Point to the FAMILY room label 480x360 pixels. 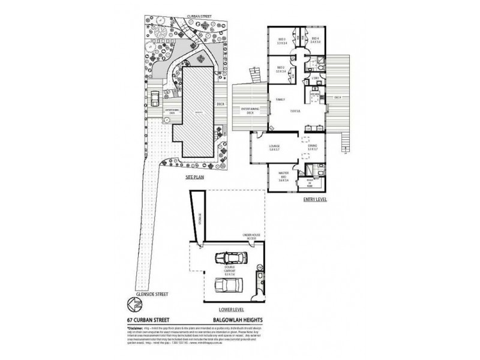pyautogui.click(x=280, y=100)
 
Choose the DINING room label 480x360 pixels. pyautogui.click(x=313, y=147)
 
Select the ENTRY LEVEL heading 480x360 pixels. pyautogui.click(x=314, y=200)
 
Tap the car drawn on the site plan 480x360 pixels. pyautogui.click(x=155, y=97)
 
